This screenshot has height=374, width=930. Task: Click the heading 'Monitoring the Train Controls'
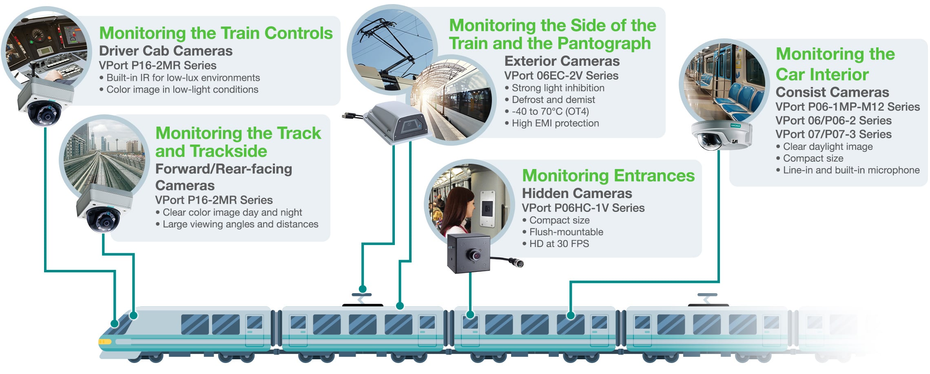[x=216, y=33]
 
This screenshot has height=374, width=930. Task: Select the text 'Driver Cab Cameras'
[x=166, y=51]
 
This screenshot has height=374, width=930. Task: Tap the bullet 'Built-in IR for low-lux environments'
[x=183, y=78]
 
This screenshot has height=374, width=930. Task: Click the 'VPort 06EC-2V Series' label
[x=561, y=76]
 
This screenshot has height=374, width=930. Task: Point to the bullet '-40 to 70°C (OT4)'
[x=550, y=111]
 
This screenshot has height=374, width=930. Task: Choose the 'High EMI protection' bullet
[x=555, y=123]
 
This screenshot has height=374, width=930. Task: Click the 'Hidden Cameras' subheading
[x=577, y=193]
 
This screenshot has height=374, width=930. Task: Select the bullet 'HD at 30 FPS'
[x=559, y=244]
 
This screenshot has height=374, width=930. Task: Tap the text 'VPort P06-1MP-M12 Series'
[x=847, y=107]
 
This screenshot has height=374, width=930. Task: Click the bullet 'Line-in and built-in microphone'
[x=851, y=170]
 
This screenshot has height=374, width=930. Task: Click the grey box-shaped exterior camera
[x=396, y=122]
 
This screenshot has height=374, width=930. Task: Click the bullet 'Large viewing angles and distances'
[x=240, y=224]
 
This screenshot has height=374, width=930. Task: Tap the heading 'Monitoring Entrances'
[x=608, y=176]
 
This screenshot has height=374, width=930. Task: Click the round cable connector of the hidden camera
[x=519, y=263]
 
